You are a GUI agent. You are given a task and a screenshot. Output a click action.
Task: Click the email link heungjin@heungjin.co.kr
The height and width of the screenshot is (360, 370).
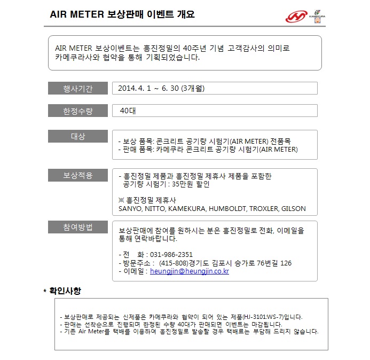190,271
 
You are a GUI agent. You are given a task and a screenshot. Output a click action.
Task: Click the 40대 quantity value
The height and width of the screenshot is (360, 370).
128,111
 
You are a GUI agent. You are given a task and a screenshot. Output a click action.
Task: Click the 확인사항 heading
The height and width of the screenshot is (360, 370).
65,291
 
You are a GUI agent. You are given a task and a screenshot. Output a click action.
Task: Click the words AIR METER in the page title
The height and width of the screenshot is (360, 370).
75,14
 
